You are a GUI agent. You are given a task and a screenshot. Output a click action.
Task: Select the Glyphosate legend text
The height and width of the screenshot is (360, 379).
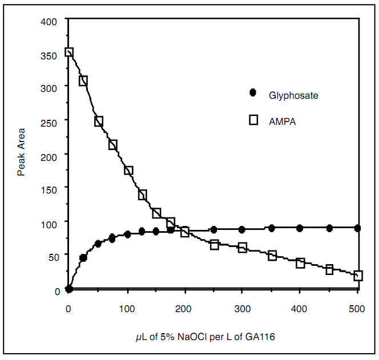pos(293,95)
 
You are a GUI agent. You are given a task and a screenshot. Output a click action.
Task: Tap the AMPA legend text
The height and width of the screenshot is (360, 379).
pos(282,121)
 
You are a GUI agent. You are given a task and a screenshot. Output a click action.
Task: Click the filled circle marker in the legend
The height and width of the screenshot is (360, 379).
pos(253,92)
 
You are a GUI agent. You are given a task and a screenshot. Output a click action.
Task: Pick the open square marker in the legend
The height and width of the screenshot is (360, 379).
pos(253,119)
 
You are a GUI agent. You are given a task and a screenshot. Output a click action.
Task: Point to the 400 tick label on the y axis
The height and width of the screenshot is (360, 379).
pos(49,22)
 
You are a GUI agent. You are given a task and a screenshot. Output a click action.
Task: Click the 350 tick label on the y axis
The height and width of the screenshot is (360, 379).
pos(49,56)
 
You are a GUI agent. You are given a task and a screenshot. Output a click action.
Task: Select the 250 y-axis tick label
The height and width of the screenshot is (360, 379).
pos(49,121)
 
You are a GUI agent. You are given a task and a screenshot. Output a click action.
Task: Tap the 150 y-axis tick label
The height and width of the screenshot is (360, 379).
pos(49,187)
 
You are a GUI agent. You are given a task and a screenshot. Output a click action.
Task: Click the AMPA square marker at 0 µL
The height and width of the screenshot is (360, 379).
pos(69,52)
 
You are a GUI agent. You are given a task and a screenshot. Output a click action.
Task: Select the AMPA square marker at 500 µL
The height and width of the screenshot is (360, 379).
pos(358,276)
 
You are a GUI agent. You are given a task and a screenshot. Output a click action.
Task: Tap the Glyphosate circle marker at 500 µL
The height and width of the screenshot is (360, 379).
pos(357,228)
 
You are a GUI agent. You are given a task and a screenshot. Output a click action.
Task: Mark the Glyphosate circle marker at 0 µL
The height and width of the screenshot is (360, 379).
pos(69,289)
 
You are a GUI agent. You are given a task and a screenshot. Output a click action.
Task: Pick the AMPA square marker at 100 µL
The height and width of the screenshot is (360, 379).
pos(128,170)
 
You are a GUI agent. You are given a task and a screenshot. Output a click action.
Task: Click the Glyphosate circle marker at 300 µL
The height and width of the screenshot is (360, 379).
pos(242,229)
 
